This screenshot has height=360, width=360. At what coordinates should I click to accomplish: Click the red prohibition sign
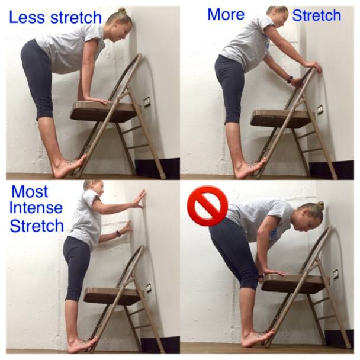pos(207,206)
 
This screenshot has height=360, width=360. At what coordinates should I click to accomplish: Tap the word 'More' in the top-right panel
pos(226,14)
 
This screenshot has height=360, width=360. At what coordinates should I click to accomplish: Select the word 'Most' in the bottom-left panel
pos(30,192)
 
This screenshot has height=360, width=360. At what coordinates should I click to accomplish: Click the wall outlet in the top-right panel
pos(320,110)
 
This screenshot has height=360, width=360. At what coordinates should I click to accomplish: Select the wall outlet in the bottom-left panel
pos(148,288)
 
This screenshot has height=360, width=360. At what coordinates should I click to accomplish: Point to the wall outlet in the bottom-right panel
pos(336,274)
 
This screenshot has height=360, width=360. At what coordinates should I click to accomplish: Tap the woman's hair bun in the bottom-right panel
pos(320,205)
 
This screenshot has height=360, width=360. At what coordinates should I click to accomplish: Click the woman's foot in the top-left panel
pos(68,168)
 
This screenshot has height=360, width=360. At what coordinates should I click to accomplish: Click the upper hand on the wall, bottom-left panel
pos(139,200)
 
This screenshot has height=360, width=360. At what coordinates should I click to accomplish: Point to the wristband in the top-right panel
pos(290,79)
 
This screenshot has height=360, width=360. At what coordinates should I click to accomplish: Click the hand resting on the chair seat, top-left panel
pos(98,100)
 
